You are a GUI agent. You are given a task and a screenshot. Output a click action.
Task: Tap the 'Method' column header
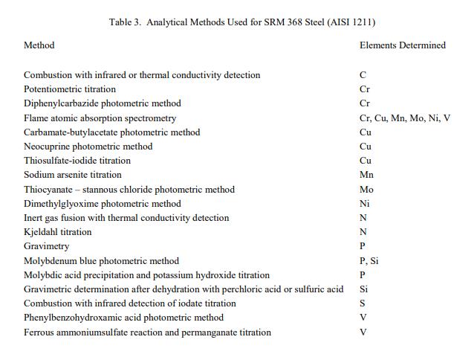39,45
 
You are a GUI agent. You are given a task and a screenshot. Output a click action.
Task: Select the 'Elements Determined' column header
402,45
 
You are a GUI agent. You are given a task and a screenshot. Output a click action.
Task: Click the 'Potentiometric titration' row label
70,89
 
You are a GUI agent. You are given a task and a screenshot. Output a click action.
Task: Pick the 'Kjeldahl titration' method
58,232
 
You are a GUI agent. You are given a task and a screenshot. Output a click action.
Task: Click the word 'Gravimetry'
46,246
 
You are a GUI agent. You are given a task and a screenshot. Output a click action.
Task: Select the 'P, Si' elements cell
369,261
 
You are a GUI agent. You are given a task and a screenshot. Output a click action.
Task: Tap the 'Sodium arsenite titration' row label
73,175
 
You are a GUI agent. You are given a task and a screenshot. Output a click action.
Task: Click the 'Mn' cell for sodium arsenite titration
366,175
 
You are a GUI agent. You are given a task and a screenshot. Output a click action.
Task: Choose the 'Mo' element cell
366,190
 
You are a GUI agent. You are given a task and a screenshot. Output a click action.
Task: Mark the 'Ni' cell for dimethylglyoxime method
365,204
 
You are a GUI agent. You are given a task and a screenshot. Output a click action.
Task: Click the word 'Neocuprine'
47,147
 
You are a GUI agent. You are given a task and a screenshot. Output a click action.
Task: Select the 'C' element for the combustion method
363,75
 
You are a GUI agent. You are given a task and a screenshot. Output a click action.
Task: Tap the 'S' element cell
363,303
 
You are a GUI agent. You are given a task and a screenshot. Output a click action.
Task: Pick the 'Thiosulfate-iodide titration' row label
77,161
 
